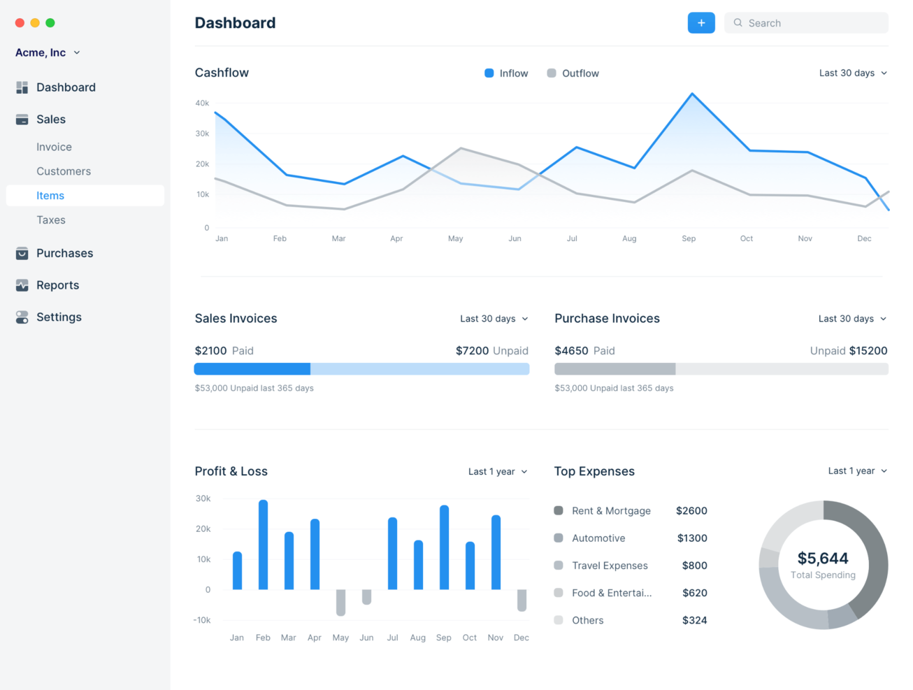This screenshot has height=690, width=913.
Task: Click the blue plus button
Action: coord(700,23)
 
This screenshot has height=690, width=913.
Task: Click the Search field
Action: coord(811,23)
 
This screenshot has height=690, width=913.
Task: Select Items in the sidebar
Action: coord(50,196)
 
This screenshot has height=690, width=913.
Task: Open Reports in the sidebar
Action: coord(57,285)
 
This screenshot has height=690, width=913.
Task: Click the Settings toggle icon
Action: coord(22,317)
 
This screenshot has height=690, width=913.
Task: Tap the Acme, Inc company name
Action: coord(41,52)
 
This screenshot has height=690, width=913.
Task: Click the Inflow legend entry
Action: coord(506,73)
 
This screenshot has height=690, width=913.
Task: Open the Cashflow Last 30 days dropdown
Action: coord(853,73)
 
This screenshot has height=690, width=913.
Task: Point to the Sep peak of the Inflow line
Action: coord(692,94)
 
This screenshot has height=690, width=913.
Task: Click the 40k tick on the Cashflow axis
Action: coord(202,103)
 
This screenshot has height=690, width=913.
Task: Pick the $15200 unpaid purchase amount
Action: coord(868,351)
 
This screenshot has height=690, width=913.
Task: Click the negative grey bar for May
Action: coord(340,602)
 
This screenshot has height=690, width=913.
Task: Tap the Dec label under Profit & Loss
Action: coord(521,638)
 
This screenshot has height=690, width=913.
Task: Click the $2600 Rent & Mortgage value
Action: coord(691,511)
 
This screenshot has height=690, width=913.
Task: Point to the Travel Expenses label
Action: coord(610,566)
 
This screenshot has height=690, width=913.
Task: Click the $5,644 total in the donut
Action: coord(823,559)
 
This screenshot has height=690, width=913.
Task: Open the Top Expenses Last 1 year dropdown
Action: coord(857,471)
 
